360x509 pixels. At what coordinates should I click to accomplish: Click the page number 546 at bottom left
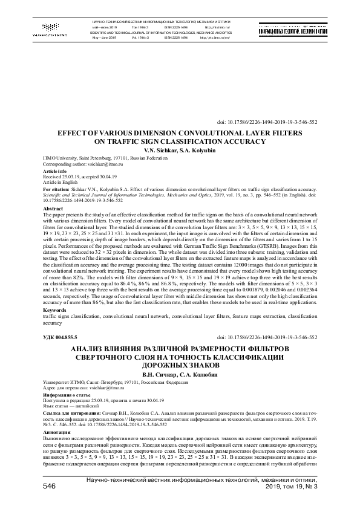(50, 485)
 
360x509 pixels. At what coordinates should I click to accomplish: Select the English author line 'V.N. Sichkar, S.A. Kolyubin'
(180, 149)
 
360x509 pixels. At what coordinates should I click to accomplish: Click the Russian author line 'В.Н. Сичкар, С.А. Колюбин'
(180, 374)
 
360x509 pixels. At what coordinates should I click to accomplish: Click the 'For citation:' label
(59, 189)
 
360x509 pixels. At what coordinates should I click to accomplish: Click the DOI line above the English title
(283, 121)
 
